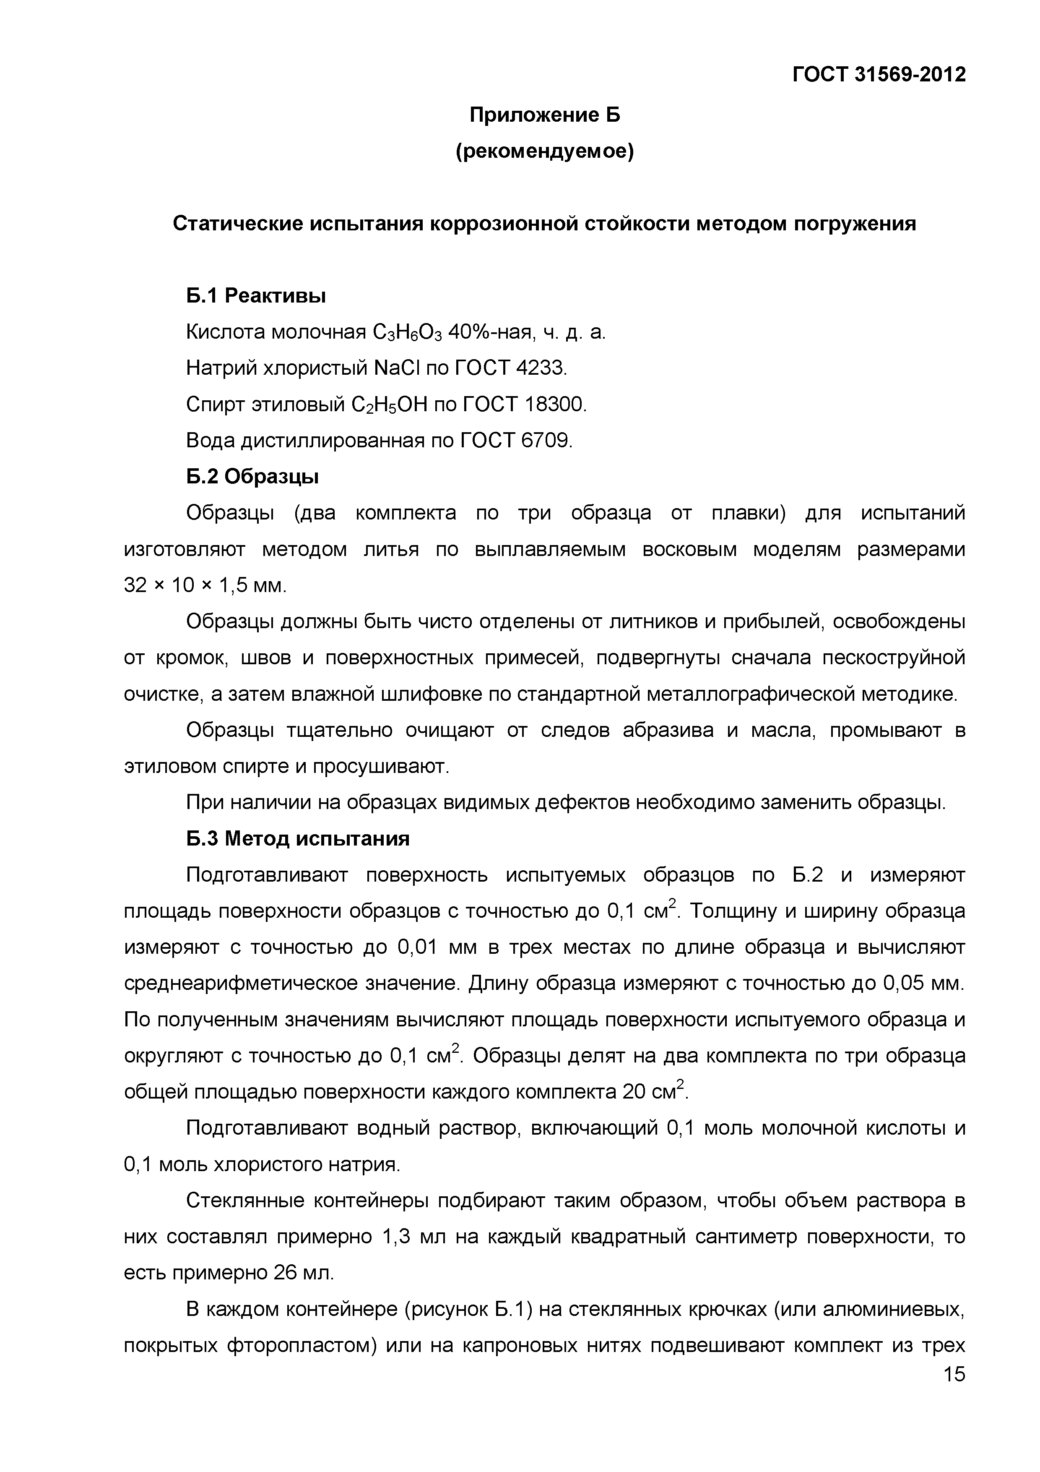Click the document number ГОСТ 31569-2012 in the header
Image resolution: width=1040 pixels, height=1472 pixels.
(879, 75)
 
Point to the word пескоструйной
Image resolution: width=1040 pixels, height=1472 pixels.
(894, 658)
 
